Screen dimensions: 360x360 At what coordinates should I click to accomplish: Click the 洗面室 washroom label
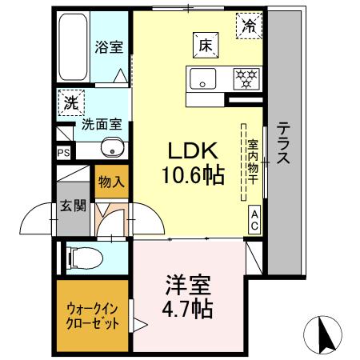(102, 125)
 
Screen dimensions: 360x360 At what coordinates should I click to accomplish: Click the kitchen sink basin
(201, 78)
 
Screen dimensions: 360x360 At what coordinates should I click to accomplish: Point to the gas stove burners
(245, 78)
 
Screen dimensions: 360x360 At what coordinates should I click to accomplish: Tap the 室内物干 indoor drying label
(253, 161)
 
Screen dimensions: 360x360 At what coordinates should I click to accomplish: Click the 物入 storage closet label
(110, 182)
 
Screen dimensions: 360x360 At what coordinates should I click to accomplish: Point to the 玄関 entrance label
(72, 205)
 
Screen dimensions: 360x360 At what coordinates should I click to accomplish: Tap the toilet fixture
(84, 258)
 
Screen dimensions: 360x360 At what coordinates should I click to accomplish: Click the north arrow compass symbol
(324, 333)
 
